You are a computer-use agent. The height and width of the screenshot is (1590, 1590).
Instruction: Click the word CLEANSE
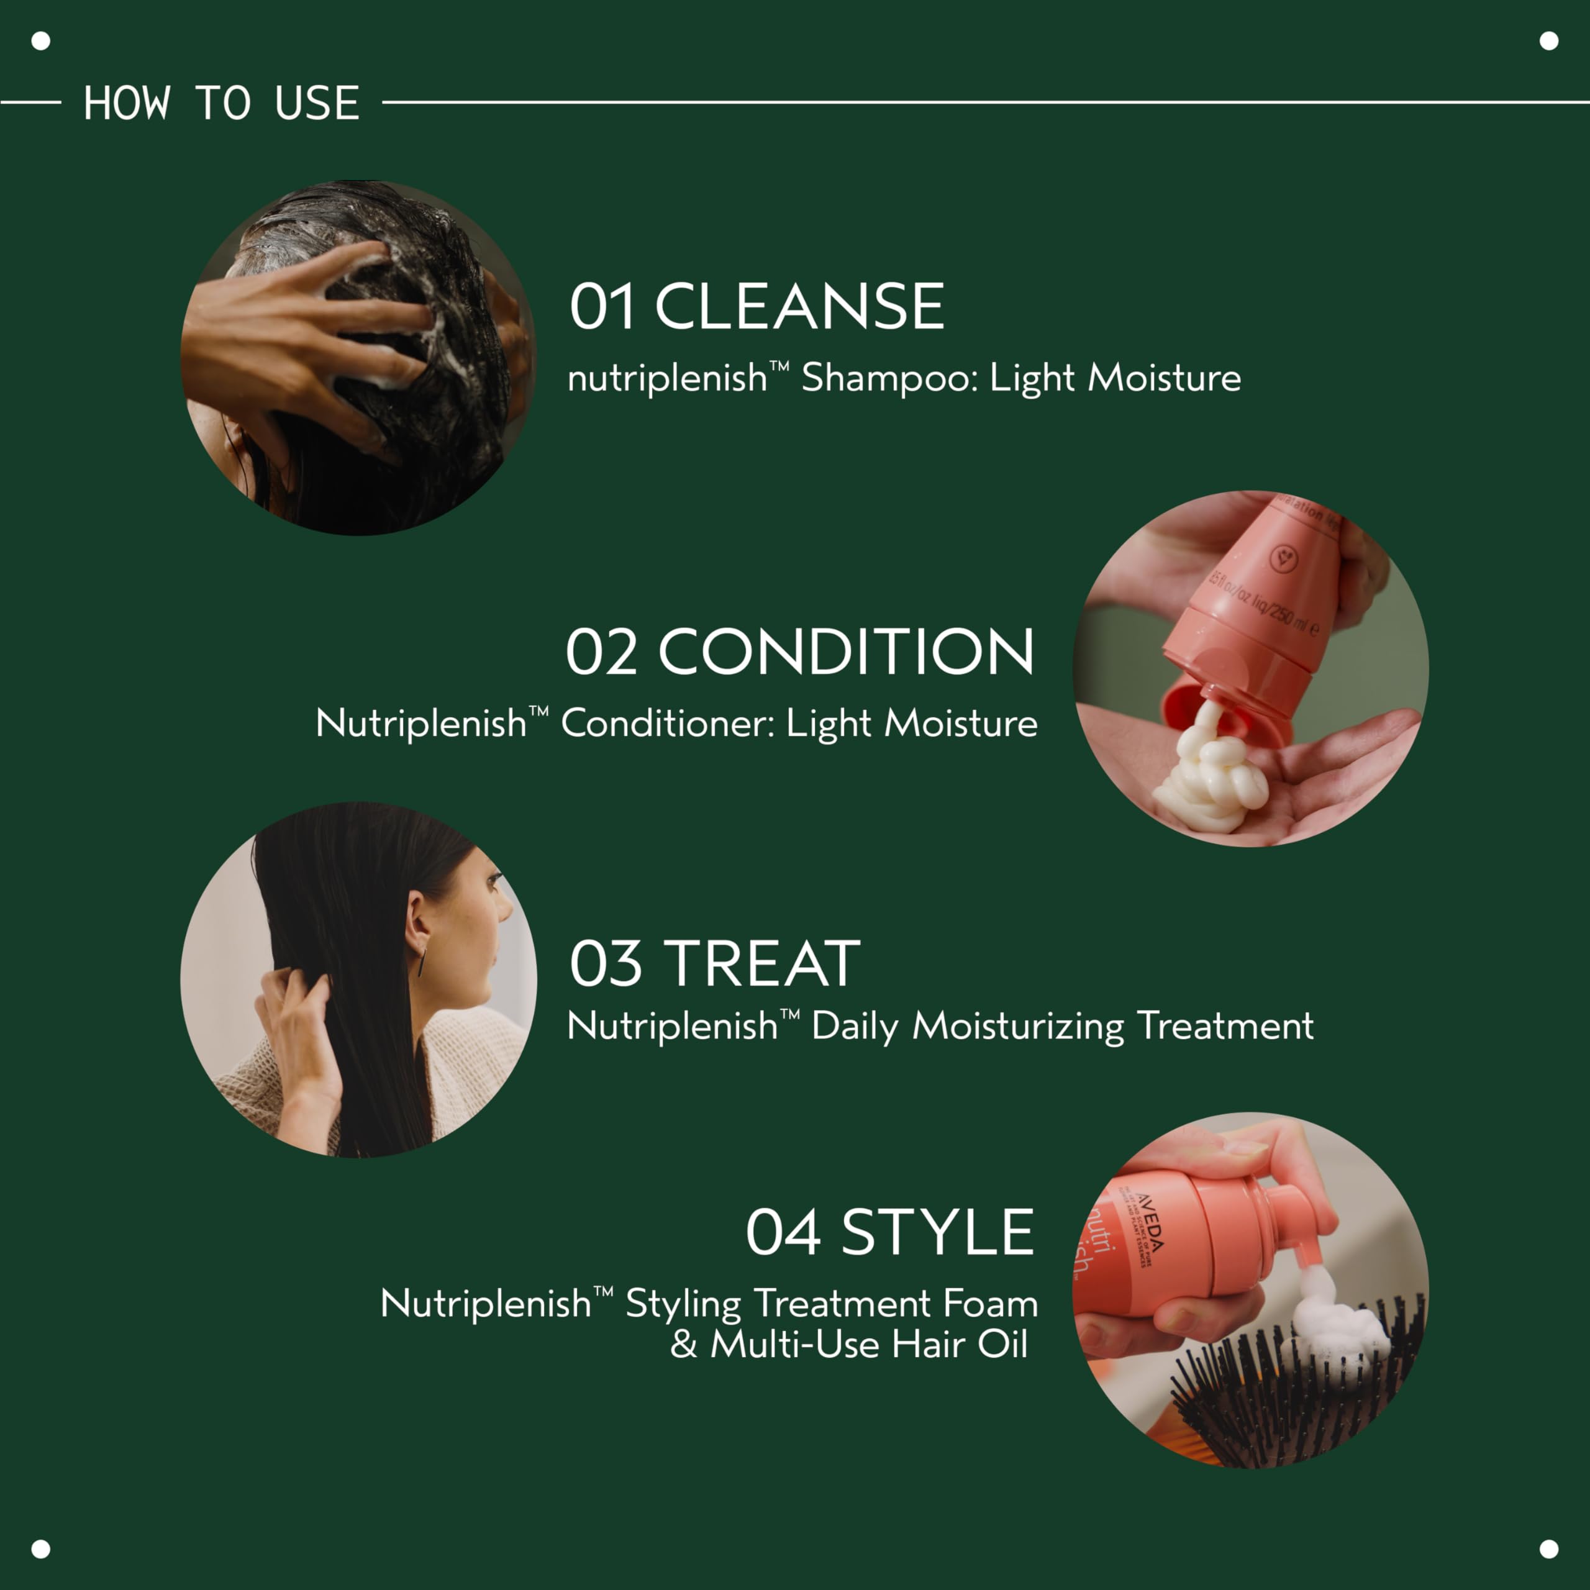coord(799,306)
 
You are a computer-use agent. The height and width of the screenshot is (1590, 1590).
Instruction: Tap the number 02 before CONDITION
coord(602,652)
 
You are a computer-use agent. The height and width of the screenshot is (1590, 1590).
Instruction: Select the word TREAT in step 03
coord(762,964)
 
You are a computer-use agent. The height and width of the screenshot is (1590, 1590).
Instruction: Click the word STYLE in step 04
coord(937,1233)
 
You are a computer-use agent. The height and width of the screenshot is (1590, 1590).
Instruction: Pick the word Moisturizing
coord(1018,1026)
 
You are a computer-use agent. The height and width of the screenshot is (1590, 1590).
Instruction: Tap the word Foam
coord(990,1304)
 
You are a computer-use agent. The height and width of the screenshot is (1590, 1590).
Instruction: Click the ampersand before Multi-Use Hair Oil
coord(683,1345)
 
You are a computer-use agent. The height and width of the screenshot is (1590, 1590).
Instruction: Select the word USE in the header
coord(317,104)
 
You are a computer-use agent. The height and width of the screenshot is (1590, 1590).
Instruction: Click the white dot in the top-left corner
coord(40,40)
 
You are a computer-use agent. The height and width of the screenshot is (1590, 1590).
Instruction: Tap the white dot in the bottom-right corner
coord(1549,1549)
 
